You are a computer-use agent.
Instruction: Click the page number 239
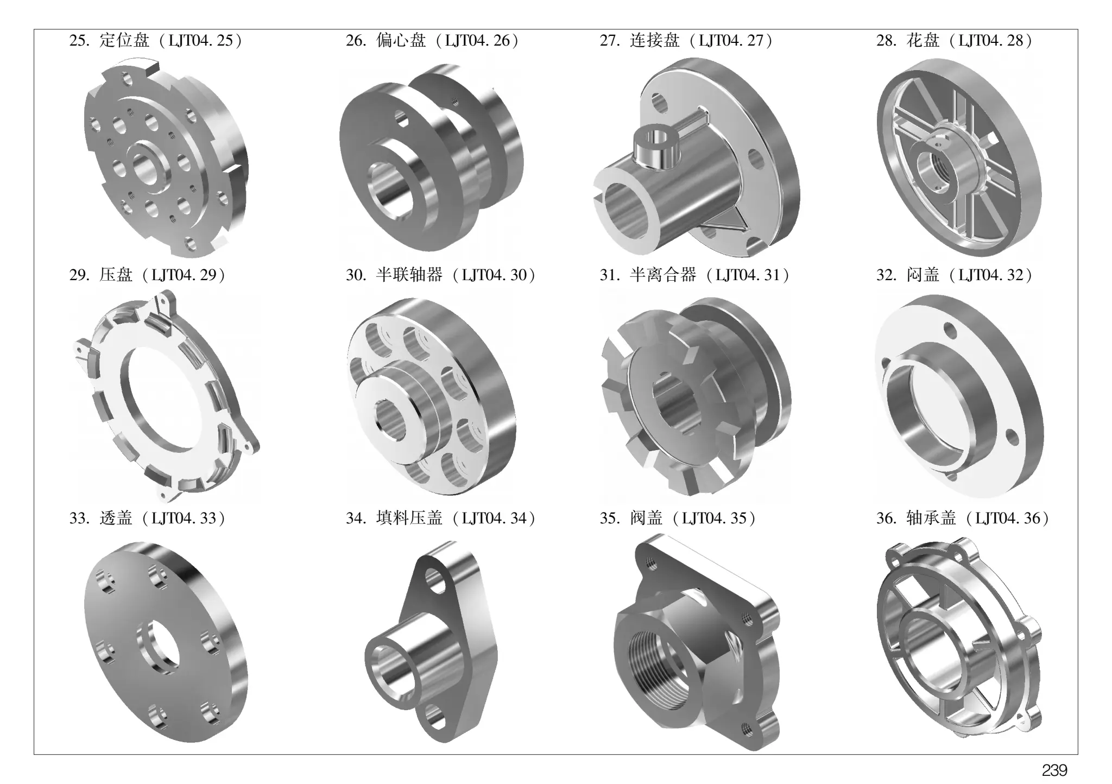[x=1054, y=770]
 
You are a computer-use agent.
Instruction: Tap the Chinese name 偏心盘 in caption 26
[x=401, y=41]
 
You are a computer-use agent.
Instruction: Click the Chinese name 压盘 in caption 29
[x=116, y=275]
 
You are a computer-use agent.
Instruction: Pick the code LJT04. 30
[x=495, y=275]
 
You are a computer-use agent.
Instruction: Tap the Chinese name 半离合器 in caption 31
[x=663, y=275]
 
